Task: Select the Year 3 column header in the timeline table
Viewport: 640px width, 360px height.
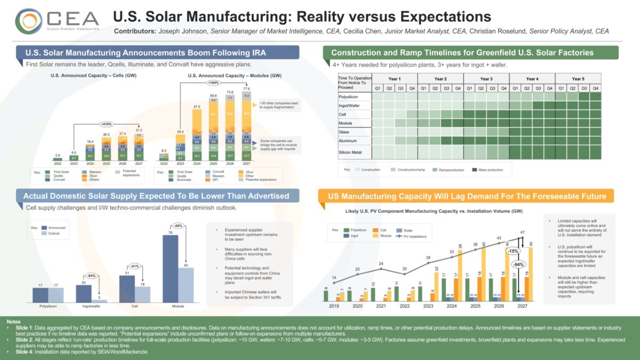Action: coord(486,78)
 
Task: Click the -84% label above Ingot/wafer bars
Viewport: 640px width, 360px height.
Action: coord(91,275)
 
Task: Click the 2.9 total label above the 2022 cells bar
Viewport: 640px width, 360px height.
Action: coord(58,155)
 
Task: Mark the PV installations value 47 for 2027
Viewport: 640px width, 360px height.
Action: coord(523,233)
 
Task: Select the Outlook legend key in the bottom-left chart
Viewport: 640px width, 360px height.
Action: coord(53,233)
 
